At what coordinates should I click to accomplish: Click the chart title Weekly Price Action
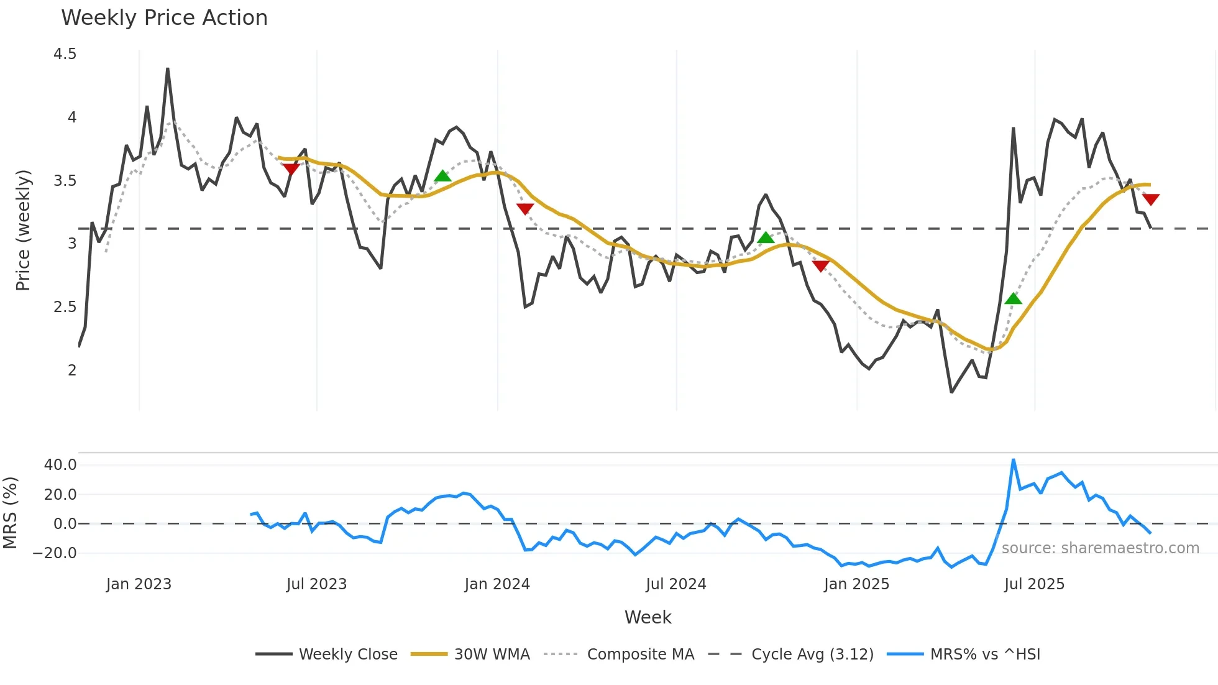pyautogui.click(x=164, y=18)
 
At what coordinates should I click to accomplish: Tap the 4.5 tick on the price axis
pyautogui.click(x=65, y=54)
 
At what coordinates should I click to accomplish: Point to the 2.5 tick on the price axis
pyautogui.click(x=65, y=307)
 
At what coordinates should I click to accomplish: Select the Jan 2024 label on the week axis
pyautogui.click(x=497, y=584)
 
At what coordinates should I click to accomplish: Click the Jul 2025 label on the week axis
pyautogui.click(x=1034, y=584)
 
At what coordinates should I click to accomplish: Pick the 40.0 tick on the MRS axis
pyautogui.click(x=60, y=465)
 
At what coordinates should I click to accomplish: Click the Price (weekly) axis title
pyautogui.click(x=23, y=230)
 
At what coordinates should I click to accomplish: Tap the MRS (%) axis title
pyautogui.click(x=11, y=513)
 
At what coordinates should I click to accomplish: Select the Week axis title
pyautogui.click(x=648, y=617)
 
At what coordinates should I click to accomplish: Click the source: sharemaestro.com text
pyautogui.click(x=1100, y=548)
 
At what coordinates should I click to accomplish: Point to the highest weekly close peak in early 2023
pyautogui.click(x=168, y=69)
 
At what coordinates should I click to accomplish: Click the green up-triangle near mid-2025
pyautogui.click(x=1013, y=299)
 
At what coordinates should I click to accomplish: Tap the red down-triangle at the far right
pyautogui.click(x=1151, y=200)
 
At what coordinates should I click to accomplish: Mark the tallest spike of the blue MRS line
pyautogui.click(x=1014, y=460)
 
